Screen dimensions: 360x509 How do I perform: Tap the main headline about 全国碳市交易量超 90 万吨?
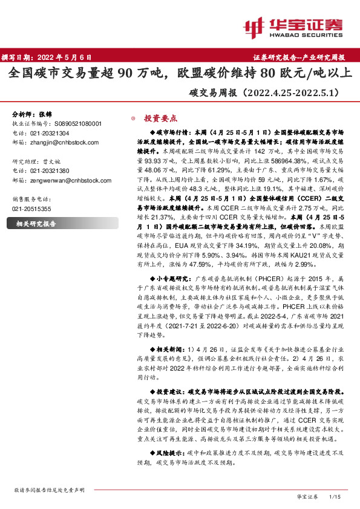click(180, 74)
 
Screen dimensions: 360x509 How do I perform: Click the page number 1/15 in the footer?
click(335, 496)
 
